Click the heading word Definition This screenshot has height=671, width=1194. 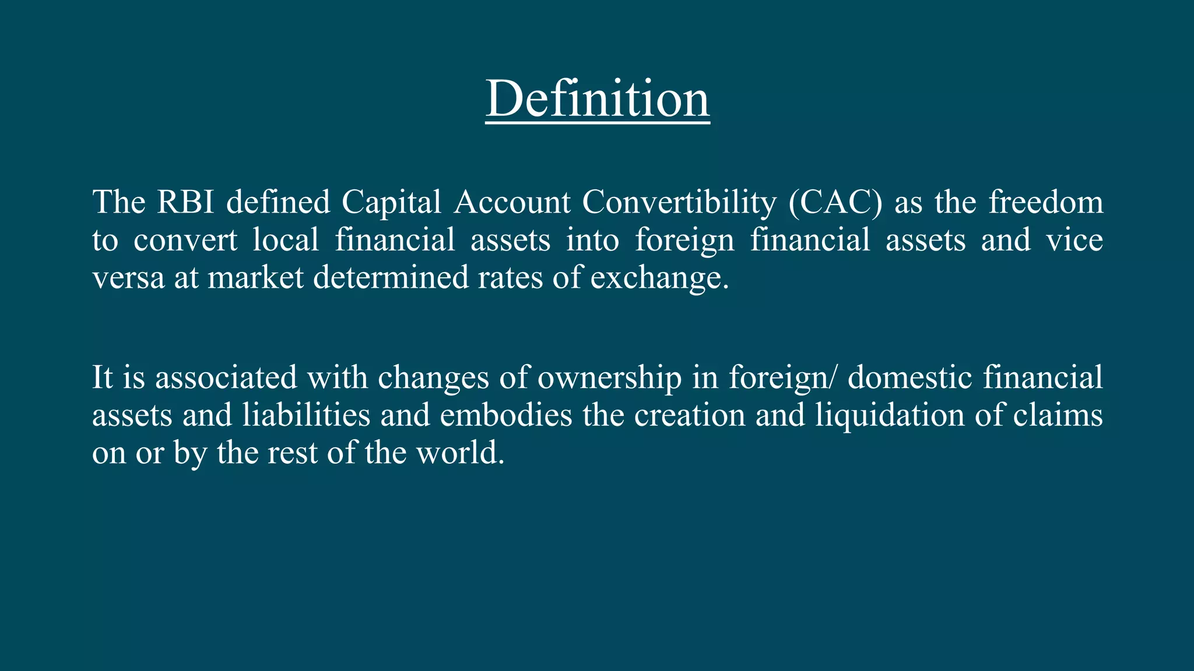click(x=598, y=98)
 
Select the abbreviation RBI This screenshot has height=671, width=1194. click(x=186, y=202)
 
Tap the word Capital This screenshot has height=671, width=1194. click(x=391, y=203)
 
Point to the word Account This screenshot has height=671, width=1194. click(x=512, y=202)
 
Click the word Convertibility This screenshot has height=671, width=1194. click(x=679, y=203)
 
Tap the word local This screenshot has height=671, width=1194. click(x=286, y=240)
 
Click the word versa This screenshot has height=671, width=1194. click(x=128, y=278)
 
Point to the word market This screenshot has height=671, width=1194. click(x=255, y=277)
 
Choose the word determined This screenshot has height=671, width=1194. click(x=391, y=277)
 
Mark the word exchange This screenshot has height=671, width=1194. click(x=659, y=278)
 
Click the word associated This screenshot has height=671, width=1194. click(x=226, y=377)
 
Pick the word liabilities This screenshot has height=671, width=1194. click(x=306, y=415)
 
